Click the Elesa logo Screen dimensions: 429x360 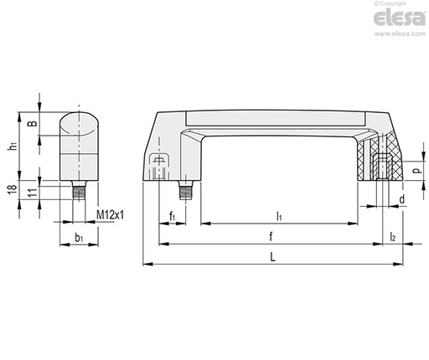[x=400, y=18]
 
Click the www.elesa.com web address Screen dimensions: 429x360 [x=400, y=33]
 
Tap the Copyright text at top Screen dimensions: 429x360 [x=390, y=3]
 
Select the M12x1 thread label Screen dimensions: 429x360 [x=110, y=215]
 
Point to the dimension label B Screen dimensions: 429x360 [x=33, y=123]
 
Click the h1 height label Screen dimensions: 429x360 [x=13, y=146]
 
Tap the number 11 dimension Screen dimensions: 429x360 [x=33, y=193]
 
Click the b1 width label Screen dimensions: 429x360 [x=79, y=238]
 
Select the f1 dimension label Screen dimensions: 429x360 [x=172, y=216]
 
